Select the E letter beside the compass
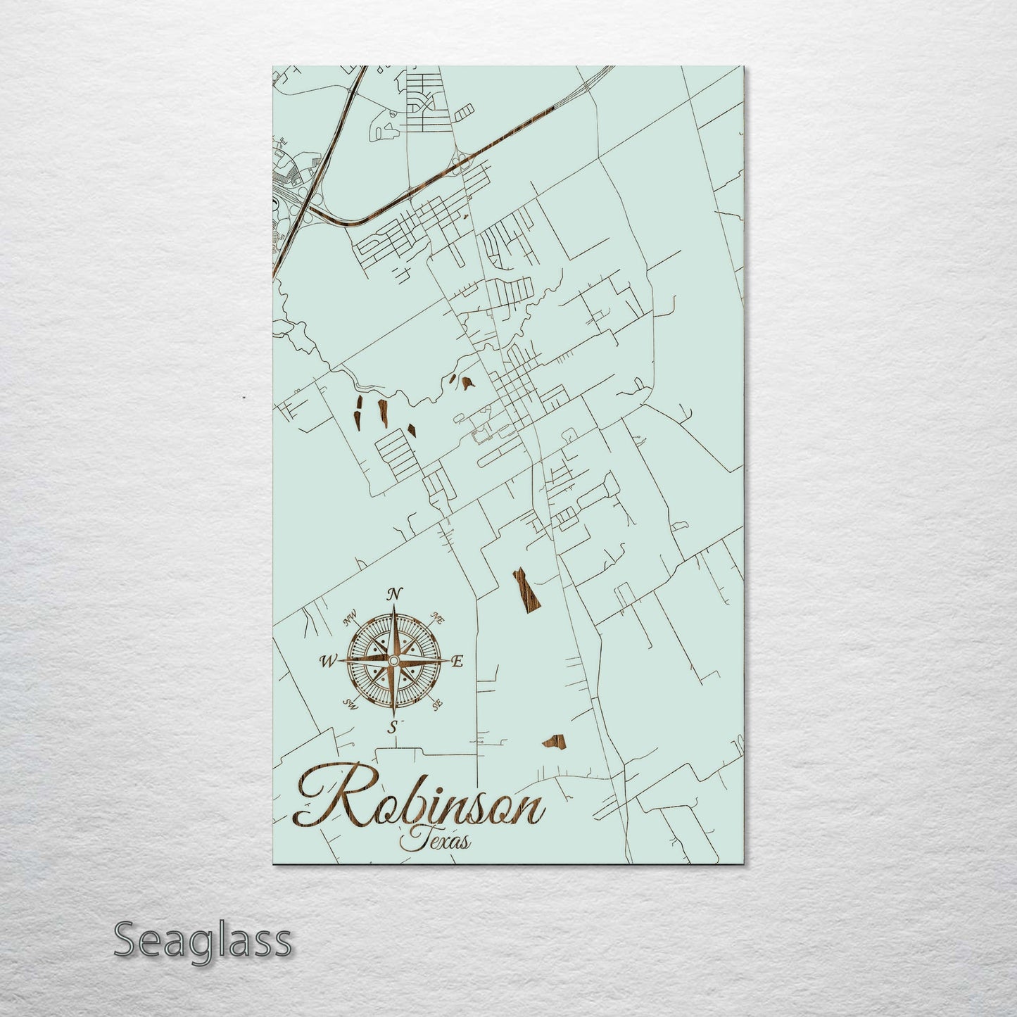point(457,661)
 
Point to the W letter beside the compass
point(328,661)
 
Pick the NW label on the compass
point(349,620)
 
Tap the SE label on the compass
point(436,702)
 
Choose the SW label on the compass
point(348,702)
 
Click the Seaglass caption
point(202,940)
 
